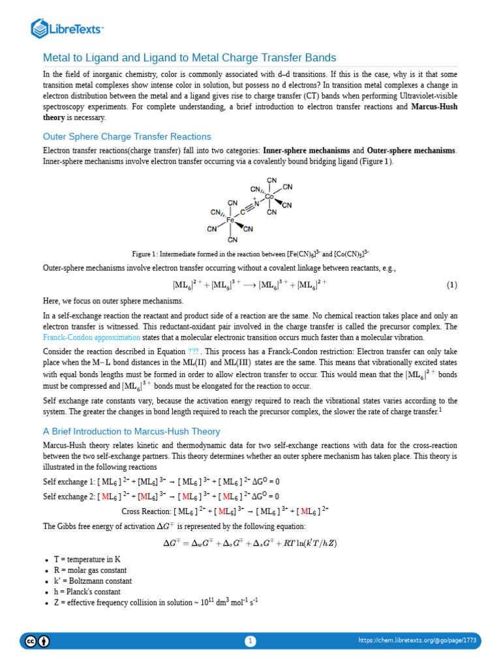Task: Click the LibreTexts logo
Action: [x=68, y=28]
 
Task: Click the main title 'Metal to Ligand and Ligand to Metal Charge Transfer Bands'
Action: [x=189, y=57]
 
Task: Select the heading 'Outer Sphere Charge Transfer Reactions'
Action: [x=127, y=136]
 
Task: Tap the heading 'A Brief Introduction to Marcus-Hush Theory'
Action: [x=131, y=431]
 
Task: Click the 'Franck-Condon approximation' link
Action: [x=91, y=337]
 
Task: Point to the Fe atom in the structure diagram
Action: [x=230, y=220]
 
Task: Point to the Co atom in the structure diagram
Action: [x=269, y=196]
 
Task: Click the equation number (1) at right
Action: [x=452, y=285]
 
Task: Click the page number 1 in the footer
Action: [x=250, y=641]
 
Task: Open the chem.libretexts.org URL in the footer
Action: [x=417, y=641]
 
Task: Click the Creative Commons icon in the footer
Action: [x=31, y=641]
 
